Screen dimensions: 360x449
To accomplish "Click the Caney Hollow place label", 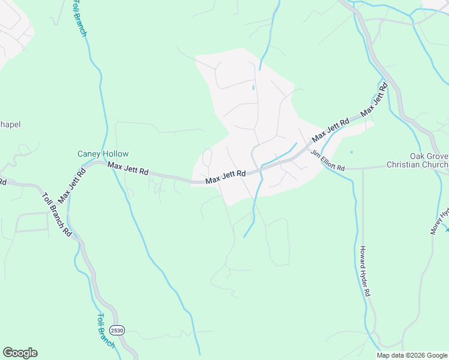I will [x=103, y=154].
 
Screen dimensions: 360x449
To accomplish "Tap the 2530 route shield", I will [x=116, y=331].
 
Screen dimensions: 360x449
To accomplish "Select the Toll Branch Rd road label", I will [x=57, y=214].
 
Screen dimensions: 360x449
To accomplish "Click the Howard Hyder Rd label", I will [x=364, y=272].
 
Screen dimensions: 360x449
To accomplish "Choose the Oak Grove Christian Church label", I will [x=417, y=161].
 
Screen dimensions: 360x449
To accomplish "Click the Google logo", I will [x=20, y=353].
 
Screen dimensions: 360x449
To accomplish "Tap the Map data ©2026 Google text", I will [x=412, y=355].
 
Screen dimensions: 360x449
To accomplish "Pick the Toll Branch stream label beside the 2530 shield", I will [x=106, y=331].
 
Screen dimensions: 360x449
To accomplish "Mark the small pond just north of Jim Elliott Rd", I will [x=351, y=152].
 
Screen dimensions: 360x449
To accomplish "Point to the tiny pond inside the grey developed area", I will [x=253, y=88].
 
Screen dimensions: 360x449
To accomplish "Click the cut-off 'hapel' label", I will [x=10, y=125].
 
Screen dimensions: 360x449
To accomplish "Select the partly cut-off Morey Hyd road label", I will [x=439, y=222].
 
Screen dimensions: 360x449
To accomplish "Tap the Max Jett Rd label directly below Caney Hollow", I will [x=128, y=170].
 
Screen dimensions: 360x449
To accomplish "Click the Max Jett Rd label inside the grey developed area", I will [x=226, y=177].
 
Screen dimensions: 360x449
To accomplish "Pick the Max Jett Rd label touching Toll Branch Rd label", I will [x=71, y=185].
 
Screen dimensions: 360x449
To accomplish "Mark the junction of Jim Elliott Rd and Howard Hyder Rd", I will [x=362, y=169].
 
